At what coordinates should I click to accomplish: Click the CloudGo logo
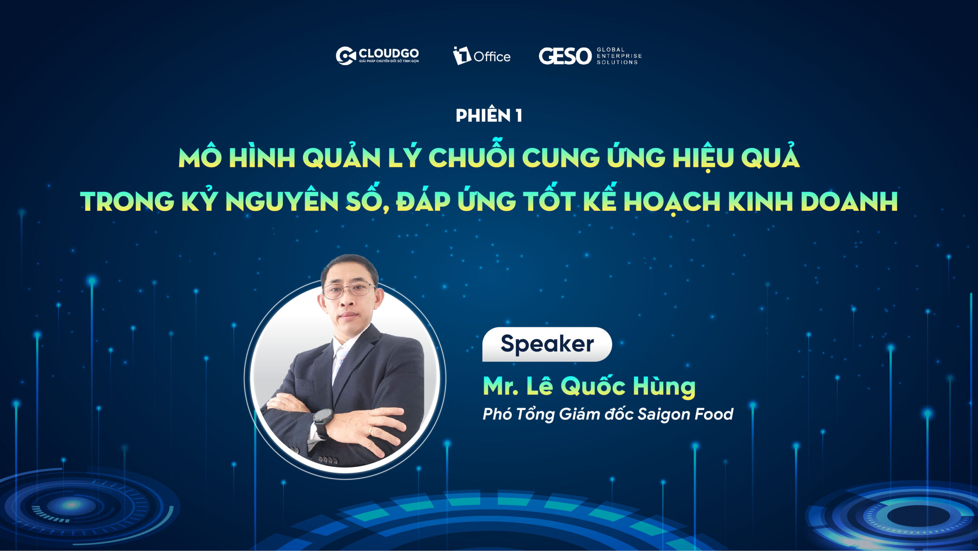pyautogui.click(x=377, y=56)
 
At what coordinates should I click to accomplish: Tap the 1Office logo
pyautogui.click(x=482, y=56)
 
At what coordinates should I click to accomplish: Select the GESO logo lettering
pyautogui.click(x=565, y=56)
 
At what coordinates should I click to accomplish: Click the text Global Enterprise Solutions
pyautogui.click(x=619, y=56)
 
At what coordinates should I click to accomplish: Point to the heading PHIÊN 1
pyautogui.click(x=489, y=115)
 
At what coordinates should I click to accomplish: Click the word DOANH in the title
pyautogui.click(x=849, y=201)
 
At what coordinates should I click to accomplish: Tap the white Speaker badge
pyautogui.click(x=547, y=344)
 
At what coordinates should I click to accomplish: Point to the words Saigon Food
pyautogui.click(x=685, y=414)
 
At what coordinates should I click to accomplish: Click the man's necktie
pyautogui.click(x=339, y=361)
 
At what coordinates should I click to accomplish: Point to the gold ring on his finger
pyautogui.click(x=370, y=430)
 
